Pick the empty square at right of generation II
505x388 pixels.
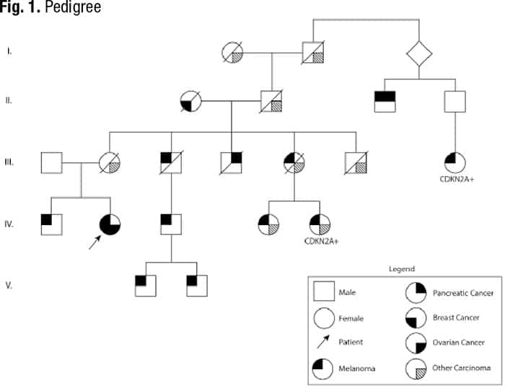[453, 100]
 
